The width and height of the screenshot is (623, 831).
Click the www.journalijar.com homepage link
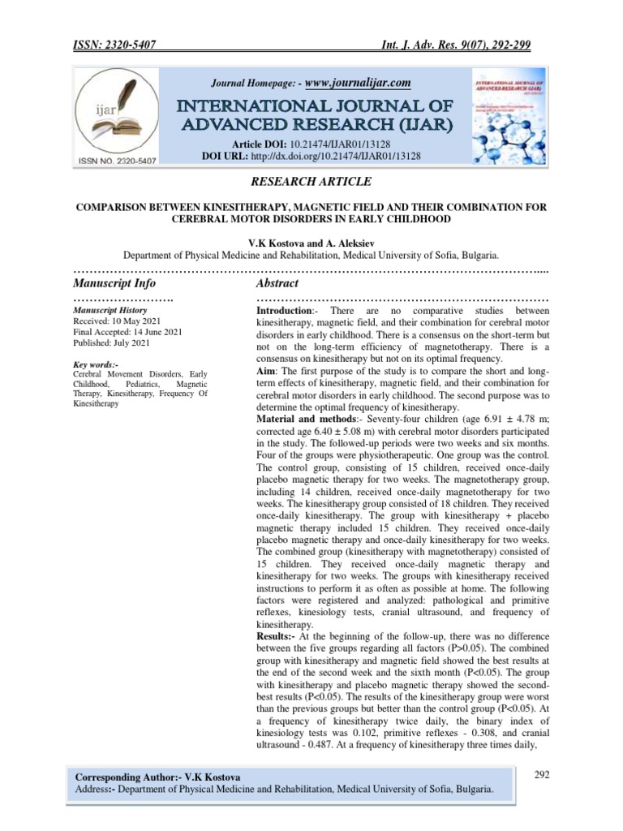coord(357,83)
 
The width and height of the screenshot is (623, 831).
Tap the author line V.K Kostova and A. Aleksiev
coord(311,242)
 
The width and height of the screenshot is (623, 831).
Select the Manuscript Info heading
coord(114,283)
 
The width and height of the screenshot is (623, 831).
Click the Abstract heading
coord(277,283)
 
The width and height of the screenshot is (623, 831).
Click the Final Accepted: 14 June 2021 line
coord(127,331)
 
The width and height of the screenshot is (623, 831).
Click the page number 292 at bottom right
coord(543,775)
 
